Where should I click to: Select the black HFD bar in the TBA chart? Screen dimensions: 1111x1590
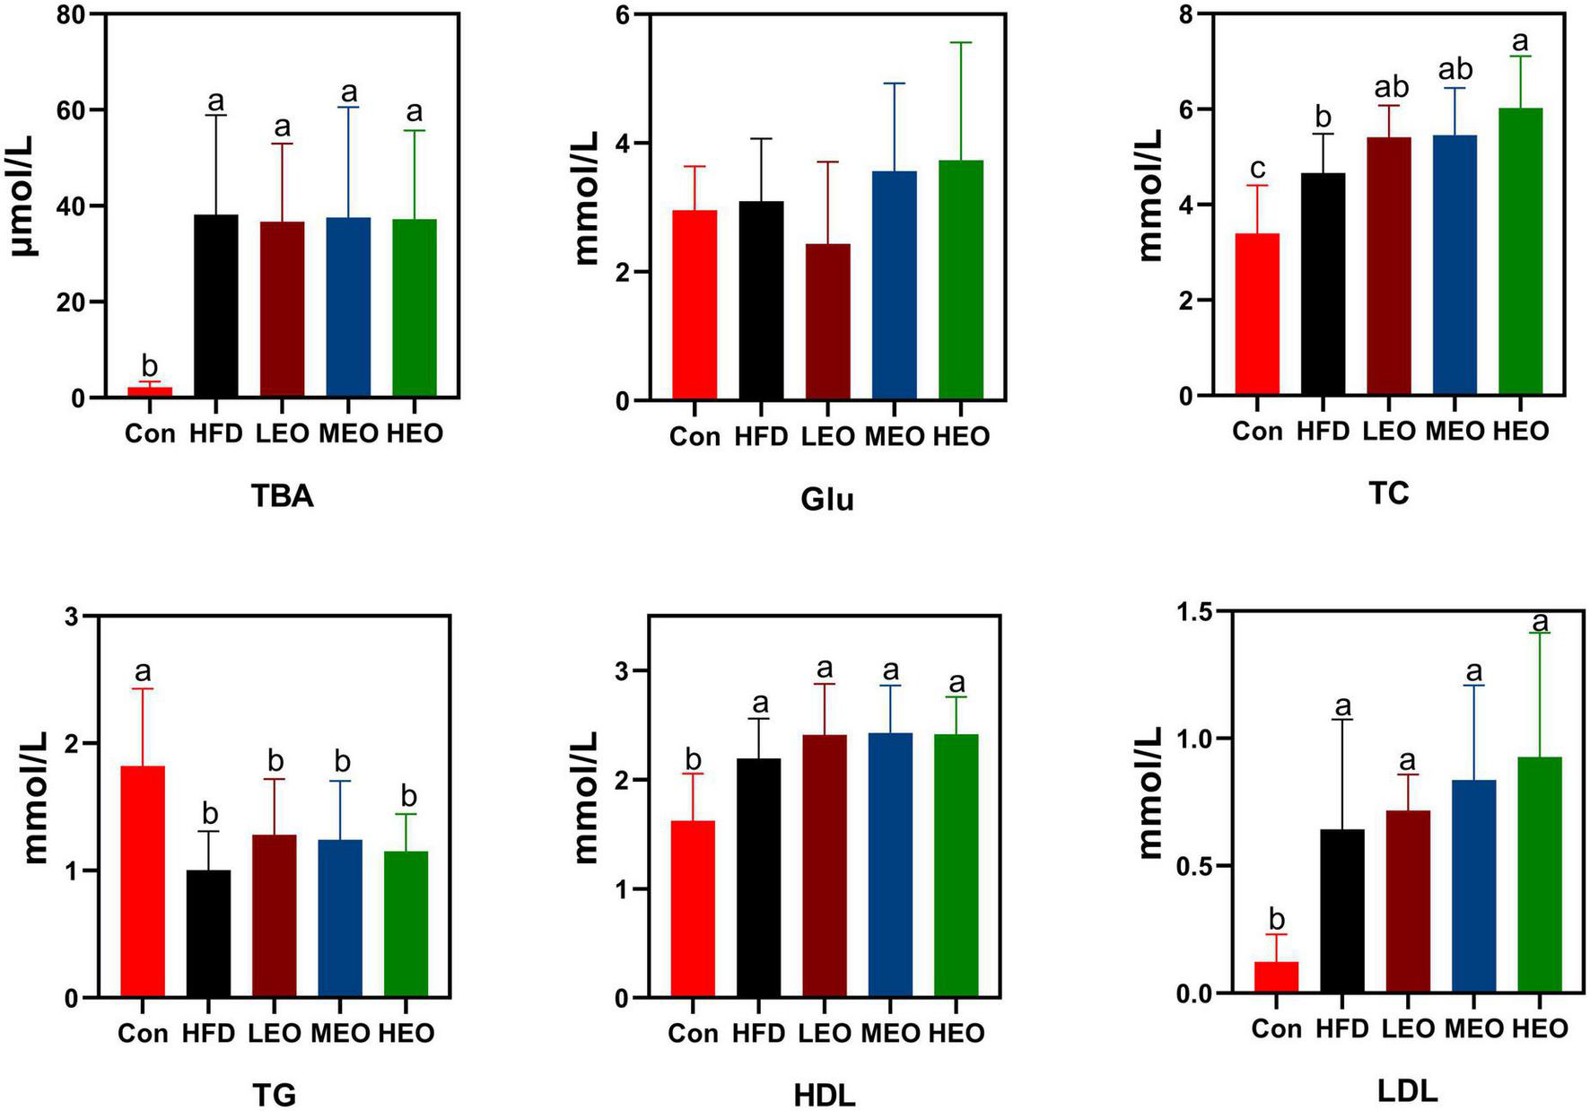[216, 305]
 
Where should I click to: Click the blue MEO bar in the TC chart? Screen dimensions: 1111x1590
[1455, 265]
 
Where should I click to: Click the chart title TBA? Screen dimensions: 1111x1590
[283, 496]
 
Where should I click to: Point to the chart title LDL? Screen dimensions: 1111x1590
[1406, 1090]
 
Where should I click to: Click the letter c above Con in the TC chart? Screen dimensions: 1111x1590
[1258, 168]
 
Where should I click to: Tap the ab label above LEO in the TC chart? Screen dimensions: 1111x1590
[1389, 87]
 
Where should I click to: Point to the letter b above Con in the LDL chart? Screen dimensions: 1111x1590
[1277, 917]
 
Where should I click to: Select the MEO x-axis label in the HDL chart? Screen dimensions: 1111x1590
[890, 1033]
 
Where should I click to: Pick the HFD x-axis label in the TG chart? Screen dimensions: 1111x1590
[208, 1033]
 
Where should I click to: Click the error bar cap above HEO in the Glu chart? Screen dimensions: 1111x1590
[961, 42]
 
